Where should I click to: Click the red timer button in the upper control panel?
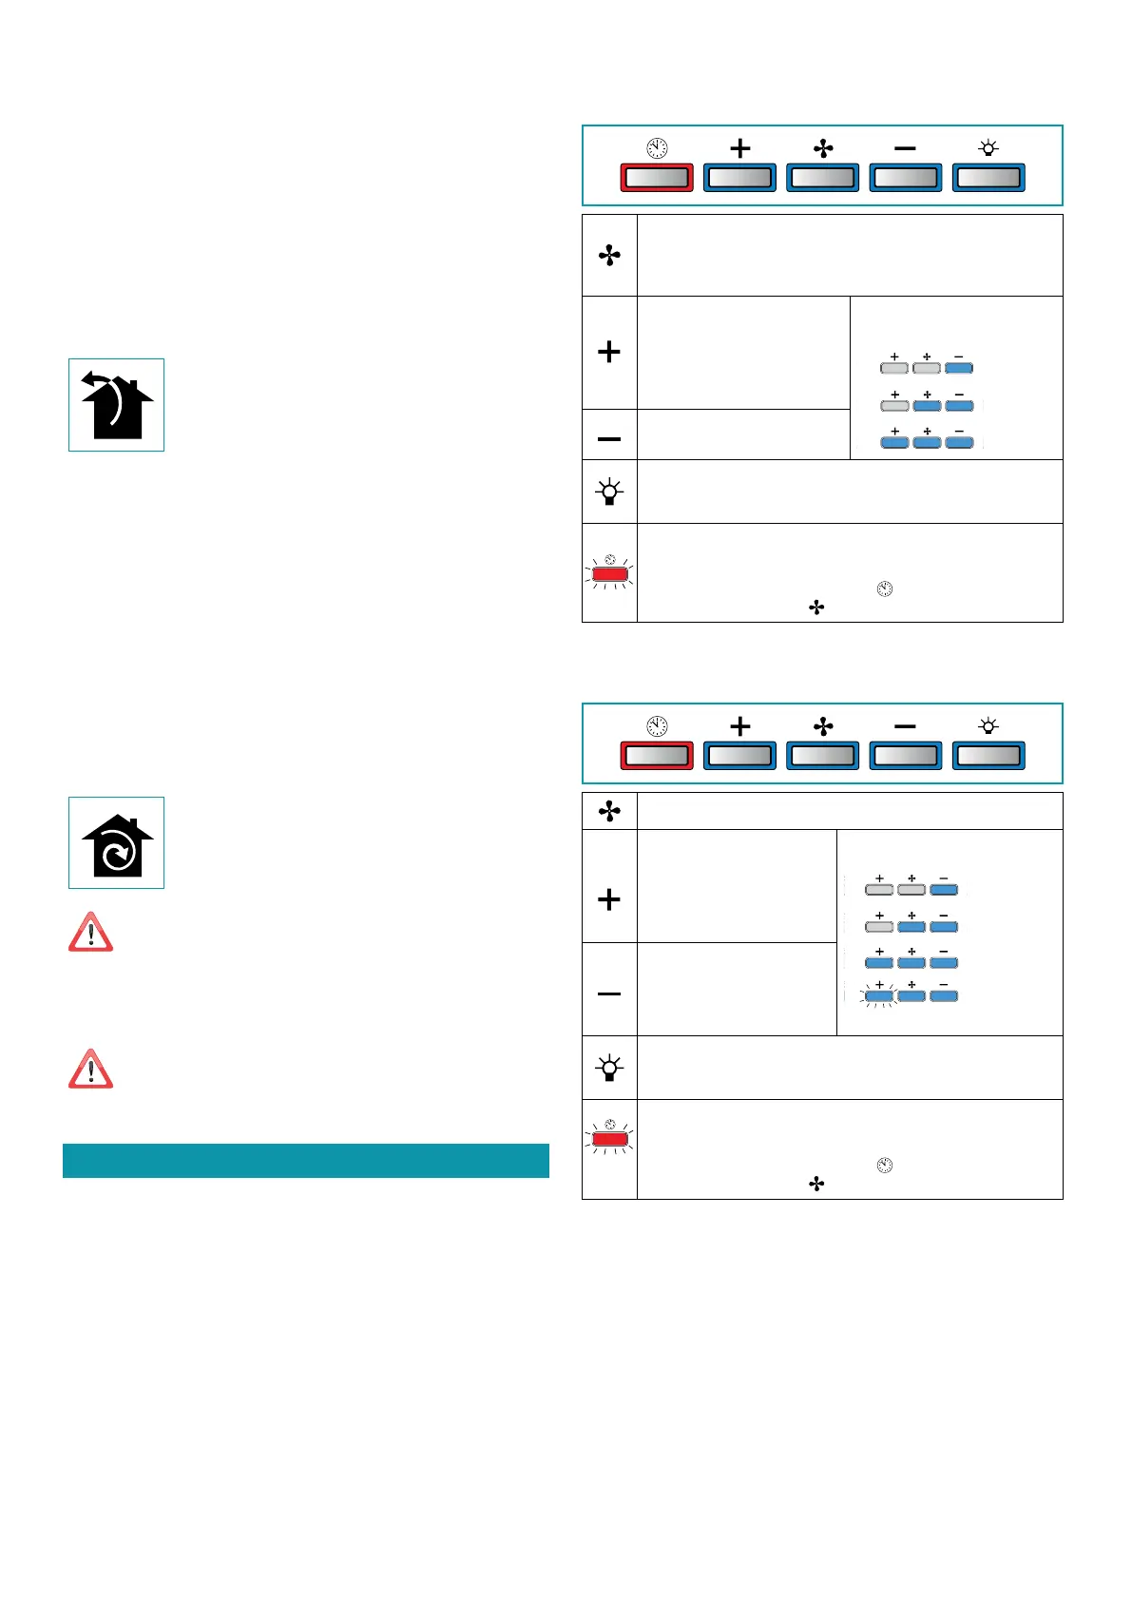657,178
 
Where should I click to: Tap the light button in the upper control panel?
988,178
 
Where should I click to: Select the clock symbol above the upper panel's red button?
657,148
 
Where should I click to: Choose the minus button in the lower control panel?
906,756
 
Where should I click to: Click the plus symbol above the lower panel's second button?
740,726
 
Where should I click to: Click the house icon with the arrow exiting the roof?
116,405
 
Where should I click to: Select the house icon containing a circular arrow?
116,843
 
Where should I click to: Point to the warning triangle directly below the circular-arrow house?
91,933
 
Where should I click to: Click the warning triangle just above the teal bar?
91,1070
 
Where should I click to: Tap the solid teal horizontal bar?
306,1161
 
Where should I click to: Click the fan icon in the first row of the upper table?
609,256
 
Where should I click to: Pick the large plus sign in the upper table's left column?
609,352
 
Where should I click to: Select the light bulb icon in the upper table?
609,492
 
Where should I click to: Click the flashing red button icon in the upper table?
610,574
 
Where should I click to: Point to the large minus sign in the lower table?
609,993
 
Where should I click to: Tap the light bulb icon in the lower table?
609,1068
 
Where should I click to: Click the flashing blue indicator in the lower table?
879,996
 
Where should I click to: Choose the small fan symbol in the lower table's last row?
816,1184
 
